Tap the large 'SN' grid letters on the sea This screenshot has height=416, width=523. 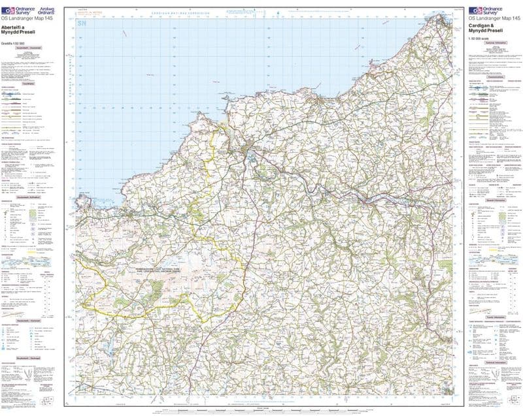pyautogui.click(x=82, y=24)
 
